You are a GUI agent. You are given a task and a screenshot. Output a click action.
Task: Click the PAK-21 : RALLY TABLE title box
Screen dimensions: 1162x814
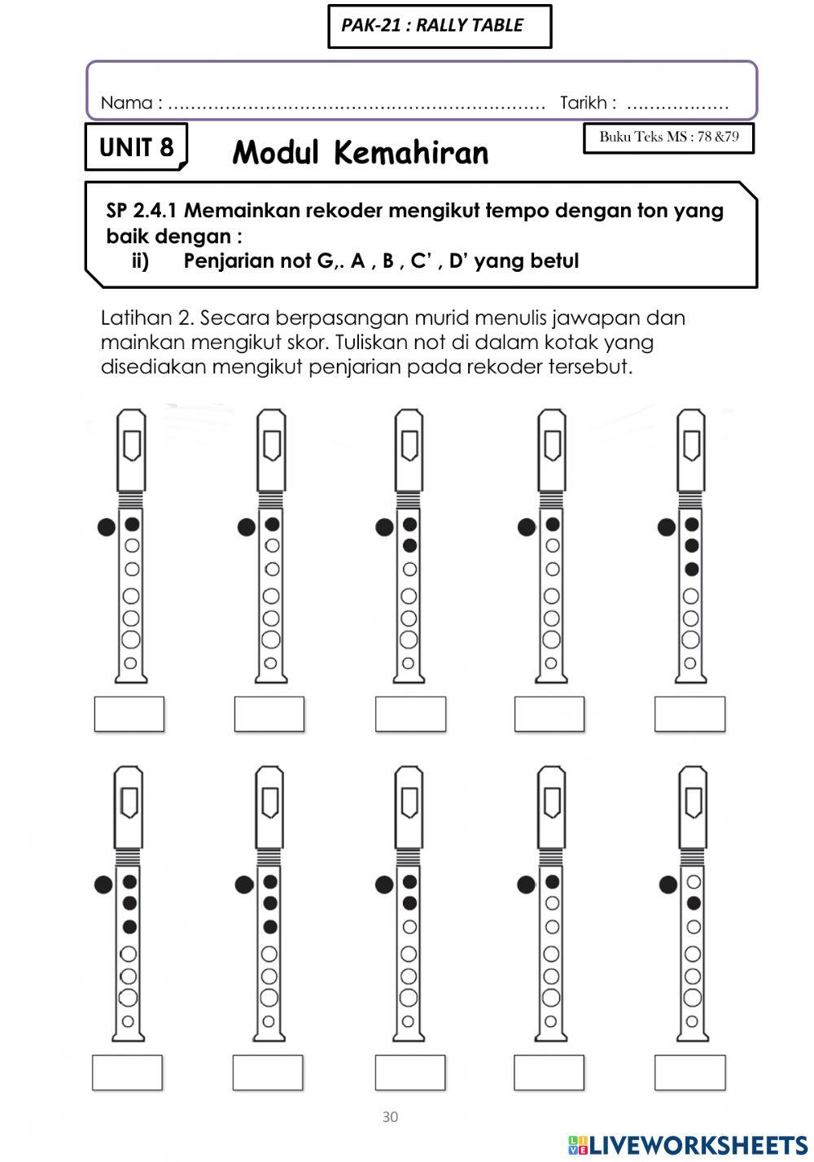click(439, 26)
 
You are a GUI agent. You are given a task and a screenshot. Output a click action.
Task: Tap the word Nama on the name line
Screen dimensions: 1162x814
click(126, 103)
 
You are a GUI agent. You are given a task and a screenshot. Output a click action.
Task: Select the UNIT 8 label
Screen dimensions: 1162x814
click(136, 147)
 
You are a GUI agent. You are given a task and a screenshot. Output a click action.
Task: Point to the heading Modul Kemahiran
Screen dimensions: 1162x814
click(360, 153)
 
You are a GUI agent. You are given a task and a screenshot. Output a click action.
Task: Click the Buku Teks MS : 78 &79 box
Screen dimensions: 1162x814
click(668, 138)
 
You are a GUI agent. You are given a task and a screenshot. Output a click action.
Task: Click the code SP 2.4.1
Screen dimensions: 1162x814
click(142, 211)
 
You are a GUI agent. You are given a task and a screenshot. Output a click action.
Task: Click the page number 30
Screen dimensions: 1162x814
click(390, 1117)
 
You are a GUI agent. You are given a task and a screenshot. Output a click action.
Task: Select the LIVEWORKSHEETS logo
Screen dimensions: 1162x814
click(688, 1145)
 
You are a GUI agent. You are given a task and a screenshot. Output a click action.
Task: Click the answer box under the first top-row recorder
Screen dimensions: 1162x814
click(129, 714)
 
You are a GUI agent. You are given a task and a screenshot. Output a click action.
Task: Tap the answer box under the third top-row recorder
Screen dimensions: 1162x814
click(410, 714)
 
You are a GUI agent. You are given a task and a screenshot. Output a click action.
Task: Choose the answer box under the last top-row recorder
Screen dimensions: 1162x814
click(689, 714)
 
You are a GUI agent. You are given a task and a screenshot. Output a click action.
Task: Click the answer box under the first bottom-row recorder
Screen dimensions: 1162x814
click(127, 1072)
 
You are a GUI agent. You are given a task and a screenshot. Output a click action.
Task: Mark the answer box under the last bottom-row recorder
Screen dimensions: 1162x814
click(689, 1072)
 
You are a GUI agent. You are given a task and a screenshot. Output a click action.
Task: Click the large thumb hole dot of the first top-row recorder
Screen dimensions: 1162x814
click(106, 527)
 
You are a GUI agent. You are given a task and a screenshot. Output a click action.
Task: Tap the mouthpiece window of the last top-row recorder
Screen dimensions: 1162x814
click(691, 444)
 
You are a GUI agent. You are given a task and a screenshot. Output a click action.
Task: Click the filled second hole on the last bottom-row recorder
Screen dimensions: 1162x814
click(694, 902)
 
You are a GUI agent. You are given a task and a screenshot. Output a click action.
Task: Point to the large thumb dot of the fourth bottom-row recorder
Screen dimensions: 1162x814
click(526, 885)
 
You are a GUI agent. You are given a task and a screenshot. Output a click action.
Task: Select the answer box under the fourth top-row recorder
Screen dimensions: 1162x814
click(549, 714)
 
